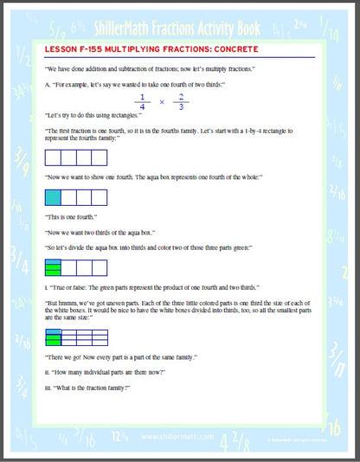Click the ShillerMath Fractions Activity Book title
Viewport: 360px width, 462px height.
pyautogui.click(x=180, y=21)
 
